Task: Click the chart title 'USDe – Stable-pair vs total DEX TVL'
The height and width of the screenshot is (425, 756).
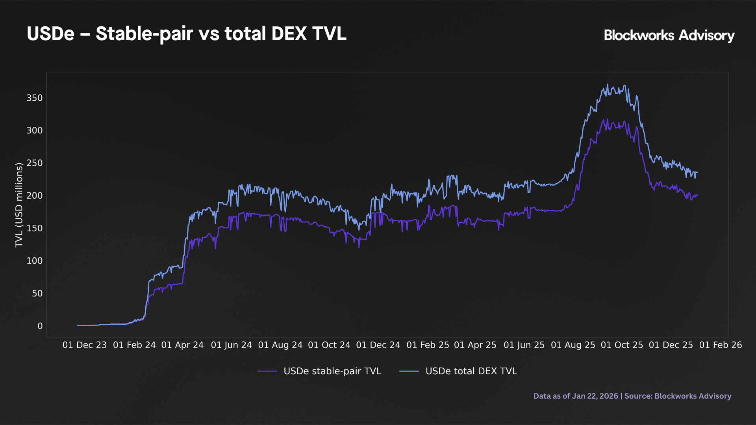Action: coord(186,34)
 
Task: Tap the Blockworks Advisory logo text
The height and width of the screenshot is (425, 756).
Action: coord(669,35)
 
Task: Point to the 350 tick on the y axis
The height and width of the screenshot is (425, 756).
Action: coord(35,98)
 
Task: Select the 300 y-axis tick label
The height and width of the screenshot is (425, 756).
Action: coord(35,131)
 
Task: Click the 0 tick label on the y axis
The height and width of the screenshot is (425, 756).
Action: coord(40,326)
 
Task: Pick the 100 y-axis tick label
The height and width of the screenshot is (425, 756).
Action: coord(35,261)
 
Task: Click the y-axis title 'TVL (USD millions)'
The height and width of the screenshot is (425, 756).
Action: coord(19,205)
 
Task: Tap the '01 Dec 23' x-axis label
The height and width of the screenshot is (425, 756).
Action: coord(85,345)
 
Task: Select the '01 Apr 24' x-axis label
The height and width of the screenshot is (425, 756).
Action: coord(182,345)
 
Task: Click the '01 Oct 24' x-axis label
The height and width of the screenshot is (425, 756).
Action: coord(329,345)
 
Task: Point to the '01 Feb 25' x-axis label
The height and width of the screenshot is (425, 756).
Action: coord(428,345)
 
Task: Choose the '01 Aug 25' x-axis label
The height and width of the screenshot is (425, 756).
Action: coord(573,345)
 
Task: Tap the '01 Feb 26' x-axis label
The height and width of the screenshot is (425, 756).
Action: coord(720,345)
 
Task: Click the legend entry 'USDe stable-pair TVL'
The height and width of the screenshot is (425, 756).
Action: coord(332,371)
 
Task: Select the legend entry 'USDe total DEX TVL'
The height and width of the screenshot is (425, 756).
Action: coord(471,371)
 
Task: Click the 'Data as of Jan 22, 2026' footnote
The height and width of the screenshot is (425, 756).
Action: coord(576,396)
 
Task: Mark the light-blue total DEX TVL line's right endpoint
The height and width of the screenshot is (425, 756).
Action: coord(697,172)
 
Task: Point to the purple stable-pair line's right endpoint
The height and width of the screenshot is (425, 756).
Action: coord(697,194)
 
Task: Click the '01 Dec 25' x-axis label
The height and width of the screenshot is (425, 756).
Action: coord(671,345)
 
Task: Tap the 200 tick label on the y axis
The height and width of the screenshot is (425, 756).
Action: coord(35,196)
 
